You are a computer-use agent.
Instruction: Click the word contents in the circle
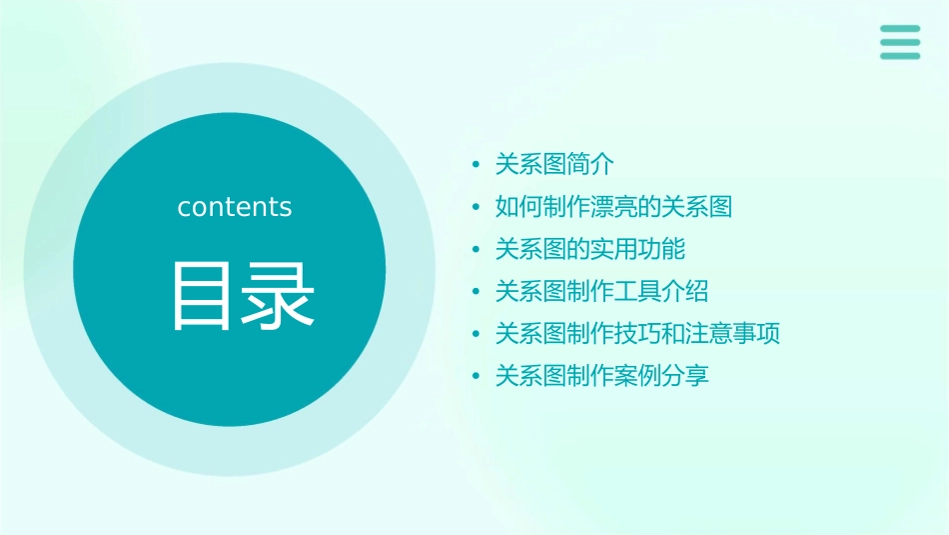pos(235,207)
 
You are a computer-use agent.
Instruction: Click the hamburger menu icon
pos(899,42)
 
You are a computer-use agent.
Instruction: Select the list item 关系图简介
pos(554,164)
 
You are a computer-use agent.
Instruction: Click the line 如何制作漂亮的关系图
pos(613,207)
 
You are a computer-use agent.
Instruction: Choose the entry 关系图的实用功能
pos(589,249)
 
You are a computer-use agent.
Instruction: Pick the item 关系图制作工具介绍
pos(601,292)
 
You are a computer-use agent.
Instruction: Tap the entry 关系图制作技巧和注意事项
pos(637,334)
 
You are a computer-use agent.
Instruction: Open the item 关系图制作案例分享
pos(601,377)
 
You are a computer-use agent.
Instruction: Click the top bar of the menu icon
pos(899,29)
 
